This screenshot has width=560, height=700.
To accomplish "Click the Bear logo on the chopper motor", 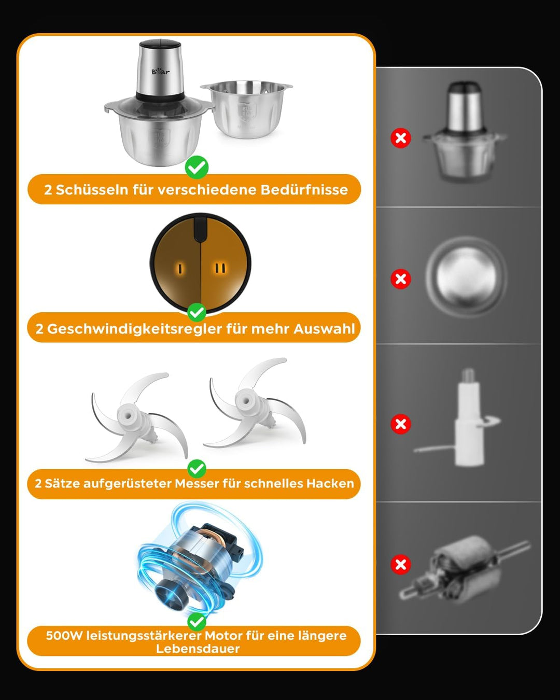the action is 160,71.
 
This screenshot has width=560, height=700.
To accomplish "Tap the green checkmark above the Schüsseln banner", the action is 197,167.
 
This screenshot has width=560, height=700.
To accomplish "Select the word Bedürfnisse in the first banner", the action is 304,190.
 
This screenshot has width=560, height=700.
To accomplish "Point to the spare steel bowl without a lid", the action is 246,109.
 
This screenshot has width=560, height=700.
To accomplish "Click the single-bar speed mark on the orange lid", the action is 179,269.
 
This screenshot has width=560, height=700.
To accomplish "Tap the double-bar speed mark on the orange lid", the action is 220,268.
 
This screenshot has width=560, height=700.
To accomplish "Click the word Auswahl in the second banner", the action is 324,329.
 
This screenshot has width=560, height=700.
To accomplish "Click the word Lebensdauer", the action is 198,649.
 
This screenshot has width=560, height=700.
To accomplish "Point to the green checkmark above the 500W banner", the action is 197,622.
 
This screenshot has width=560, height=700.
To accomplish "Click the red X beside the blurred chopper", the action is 401,138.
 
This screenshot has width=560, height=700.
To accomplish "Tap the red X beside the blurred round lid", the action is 401,279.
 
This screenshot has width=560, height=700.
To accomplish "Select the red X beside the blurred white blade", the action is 401,424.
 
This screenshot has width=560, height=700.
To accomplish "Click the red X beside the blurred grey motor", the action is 401,564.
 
